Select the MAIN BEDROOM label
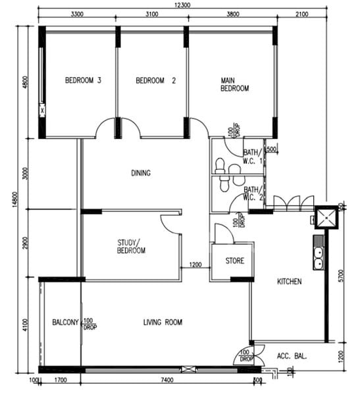[234, 84]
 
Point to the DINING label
[141, 174]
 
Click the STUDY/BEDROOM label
[132, 246]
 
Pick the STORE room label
[235, 261]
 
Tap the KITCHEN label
[289, 282]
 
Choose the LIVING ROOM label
[163, 323]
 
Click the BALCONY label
[66, 323]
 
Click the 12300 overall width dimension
[182, 5]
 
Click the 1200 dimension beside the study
[195, 265]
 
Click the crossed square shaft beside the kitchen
[325, 217]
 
